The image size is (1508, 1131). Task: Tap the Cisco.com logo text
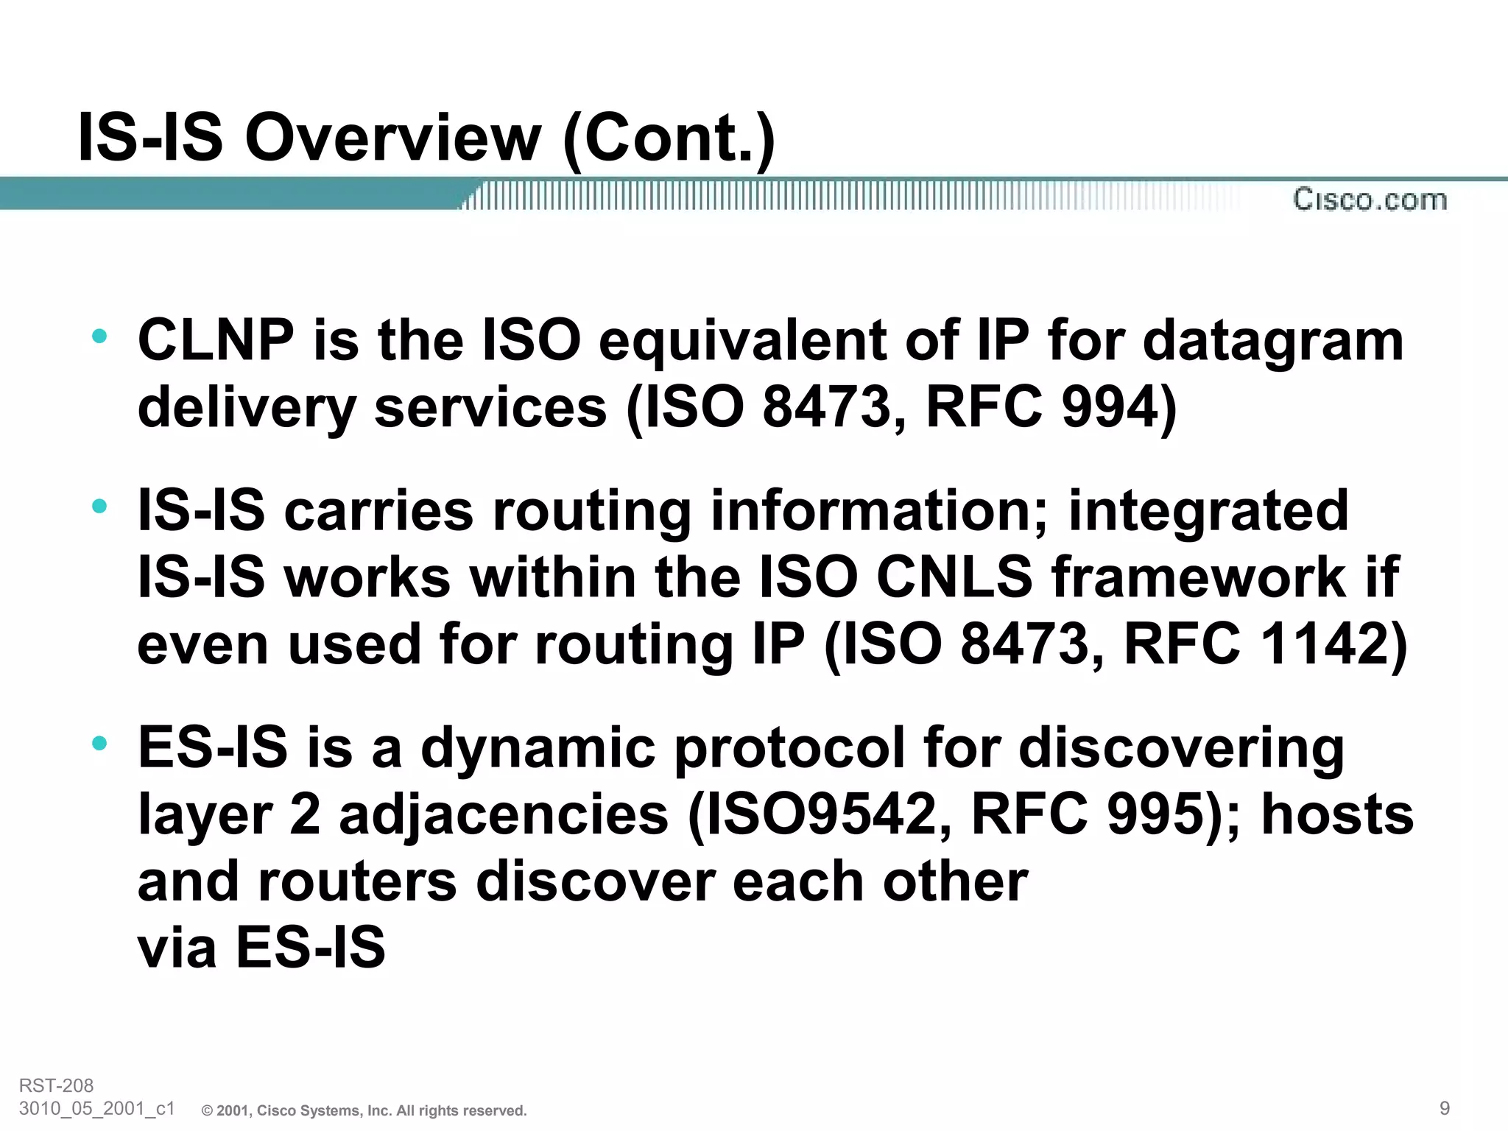click(1370, 200)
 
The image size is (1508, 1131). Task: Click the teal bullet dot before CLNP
click(99, 338)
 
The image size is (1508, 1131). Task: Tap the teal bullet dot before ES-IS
click(99, 744)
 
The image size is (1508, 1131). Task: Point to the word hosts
click(1337, 814)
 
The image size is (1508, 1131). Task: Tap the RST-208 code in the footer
click(56, 1085)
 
